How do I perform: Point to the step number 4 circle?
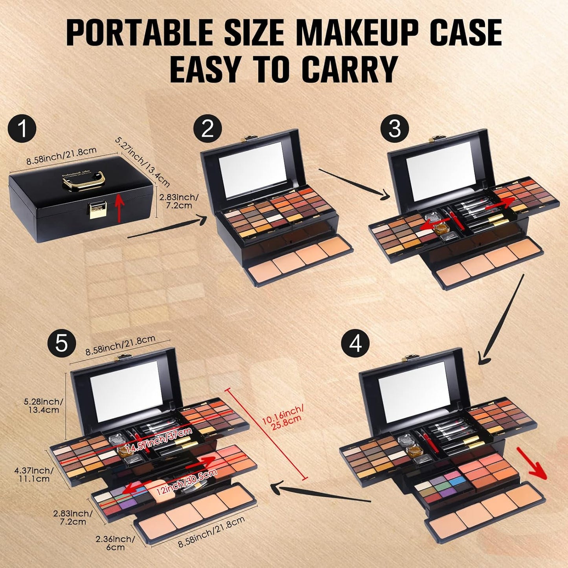coord(355,344)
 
